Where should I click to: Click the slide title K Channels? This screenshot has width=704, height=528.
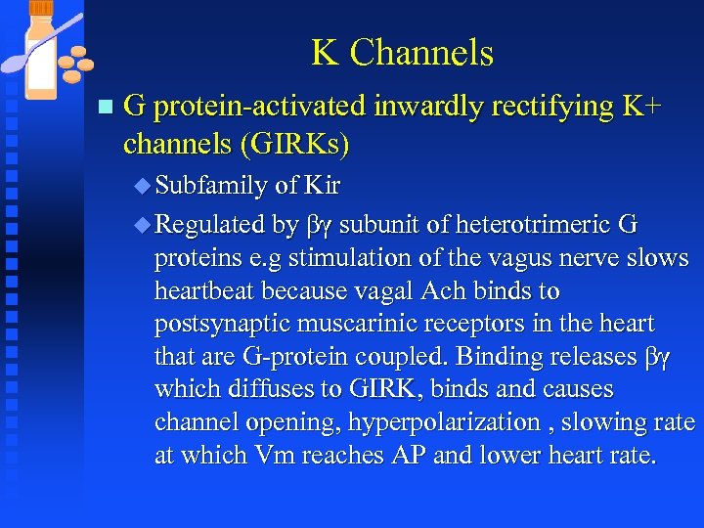(402, 53)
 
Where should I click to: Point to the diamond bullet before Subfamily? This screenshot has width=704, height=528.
(145, 185)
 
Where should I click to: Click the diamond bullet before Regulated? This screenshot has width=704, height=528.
(145, 226)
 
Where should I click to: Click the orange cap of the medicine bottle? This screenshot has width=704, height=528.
(42, 10)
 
